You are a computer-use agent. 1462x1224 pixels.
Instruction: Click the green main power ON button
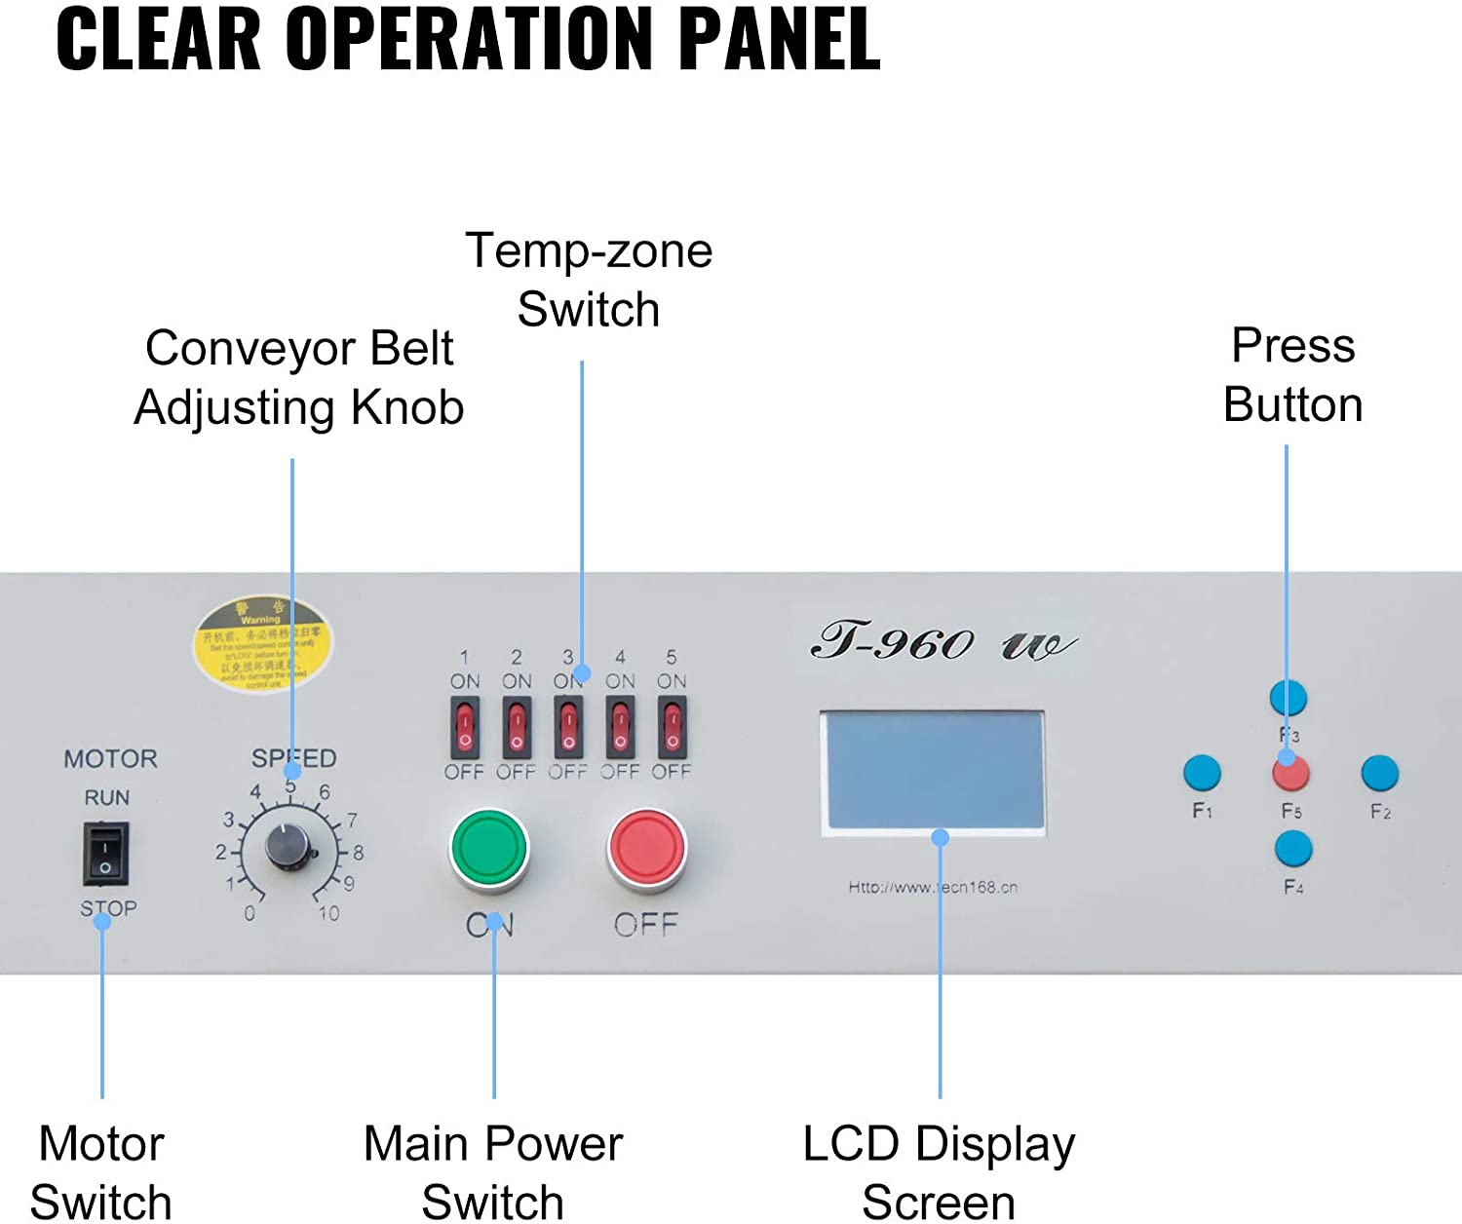point(489,849)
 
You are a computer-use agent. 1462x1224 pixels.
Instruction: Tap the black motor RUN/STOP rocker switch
point(105,854)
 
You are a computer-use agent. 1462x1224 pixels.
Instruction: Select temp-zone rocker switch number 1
point(465,727)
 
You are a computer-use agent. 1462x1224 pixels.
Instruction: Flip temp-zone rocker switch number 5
point(672,727)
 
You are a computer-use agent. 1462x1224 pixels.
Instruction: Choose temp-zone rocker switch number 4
point(620,727)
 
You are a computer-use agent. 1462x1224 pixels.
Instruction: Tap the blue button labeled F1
point(1202,773)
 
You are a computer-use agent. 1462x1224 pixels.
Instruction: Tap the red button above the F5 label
point(1290,774)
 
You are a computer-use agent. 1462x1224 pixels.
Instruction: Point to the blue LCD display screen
point(934,771)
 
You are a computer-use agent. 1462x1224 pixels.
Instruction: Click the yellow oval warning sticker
point(261,644)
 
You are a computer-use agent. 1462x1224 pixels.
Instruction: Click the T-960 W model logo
point(942,642)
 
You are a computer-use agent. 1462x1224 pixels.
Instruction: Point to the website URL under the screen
point(933,887)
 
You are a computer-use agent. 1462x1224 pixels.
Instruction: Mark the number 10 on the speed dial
point(328,913)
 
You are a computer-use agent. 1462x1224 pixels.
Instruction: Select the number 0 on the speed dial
point(250,913)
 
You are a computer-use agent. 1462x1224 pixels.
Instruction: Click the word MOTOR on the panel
point(110,758)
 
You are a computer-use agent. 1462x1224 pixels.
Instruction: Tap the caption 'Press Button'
point(1292,375)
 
